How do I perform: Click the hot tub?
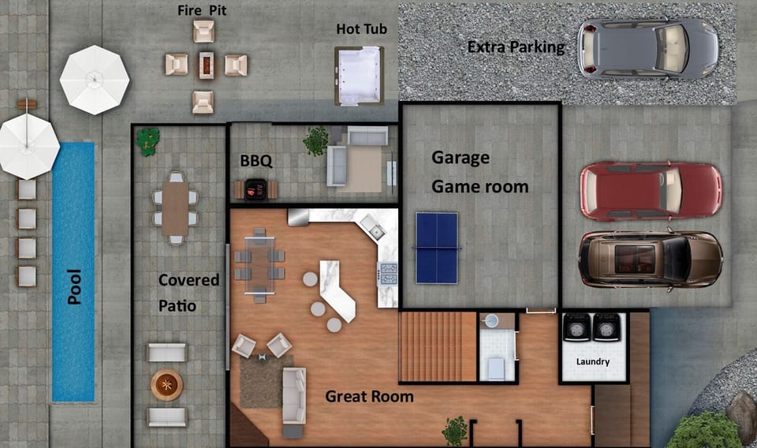(x=360, y=75)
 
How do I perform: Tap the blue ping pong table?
(x=436, y=248)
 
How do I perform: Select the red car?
(x=651, y=191)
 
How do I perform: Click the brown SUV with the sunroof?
(x=651, y=259)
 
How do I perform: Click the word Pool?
(x=74, y=287)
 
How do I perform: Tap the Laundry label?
(x=593, y=361)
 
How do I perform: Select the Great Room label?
(x=369, y=397)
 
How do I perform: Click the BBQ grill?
(x=255, y=189)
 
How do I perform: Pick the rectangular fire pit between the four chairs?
(x=206, y=65)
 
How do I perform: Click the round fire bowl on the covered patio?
(x=166, y=385)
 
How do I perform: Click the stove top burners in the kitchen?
(x=388, y=274)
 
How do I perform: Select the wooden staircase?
(x=438, y=346)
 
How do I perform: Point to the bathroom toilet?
(x=496, y=368)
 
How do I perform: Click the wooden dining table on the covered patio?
(x=175, y=208)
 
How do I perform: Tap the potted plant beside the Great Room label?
(x=455, y=431)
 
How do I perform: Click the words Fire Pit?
(x=202, y=10)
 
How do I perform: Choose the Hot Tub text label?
(x=362, y=29)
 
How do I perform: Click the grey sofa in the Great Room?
(x=294, y=398)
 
